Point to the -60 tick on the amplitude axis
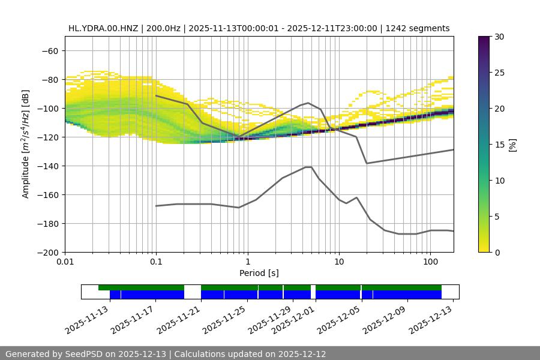coord(50,51)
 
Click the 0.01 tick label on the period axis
coord(65,262)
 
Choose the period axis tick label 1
coord(247,262)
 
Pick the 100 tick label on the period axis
coord(430,262)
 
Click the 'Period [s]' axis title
coord(259,273)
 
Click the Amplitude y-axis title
coord(26,144)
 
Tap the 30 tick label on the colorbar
coord(499,37)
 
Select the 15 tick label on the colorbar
coord(499,145)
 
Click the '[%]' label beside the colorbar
coord(512,144)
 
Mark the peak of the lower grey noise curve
coord(308,167)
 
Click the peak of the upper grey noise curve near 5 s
coord(308,103)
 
